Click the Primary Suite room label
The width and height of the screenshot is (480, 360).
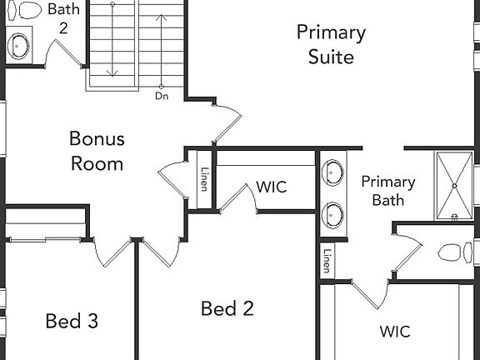pyautogui.click(x=331, y=45)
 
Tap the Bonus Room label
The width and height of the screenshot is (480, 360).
pyautogui.click(x=97, y=151)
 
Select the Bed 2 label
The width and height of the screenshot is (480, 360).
pyautogui.click(x=227, y=308)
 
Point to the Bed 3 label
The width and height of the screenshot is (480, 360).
pyautogui.click(x=72, y=321)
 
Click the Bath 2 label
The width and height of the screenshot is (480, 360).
pyautogui.click(x=63, y=18)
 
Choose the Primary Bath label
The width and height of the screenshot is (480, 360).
pyautogui.click(x=388, y=191)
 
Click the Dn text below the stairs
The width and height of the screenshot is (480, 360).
pyautogui.click(x=162, y=96)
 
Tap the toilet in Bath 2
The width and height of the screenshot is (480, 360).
pyautogui.click(x=24, y=10)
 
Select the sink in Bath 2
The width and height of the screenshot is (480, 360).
pyautogui.click(x=18, y=46)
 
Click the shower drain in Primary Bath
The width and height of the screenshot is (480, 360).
pyautogui.click(x=455, y=186)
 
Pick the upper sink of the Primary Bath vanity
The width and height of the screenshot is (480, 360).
pyautogui.click(x=332, y=172)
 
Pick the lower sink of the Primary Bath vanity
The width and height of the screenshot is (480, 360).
pyautogui.click(x=332, y=215)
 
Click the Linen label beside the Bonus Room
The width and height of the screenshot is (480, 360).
pyautogui.click(x=204, y=179)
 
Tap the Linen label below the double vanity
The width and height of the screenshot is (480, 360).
pyautogui.click(x=327, y=261)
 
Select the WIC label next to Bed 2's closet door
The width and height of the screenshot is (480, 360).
pyautogui.click(x=272, y=187)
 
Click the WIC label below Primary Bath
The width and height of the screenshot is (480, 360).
pyautogui.click(x=395, y=332)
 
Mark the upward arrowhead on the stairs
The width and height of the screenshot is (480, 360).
pyautogui.click(x=162, y=17)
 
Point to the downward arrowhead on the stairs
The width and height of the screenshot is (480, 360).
pyautogui.click(x=112, y=73)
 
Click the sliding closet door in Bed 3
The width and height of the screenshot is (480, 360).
pyautogui.click(x=45, y=240)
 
